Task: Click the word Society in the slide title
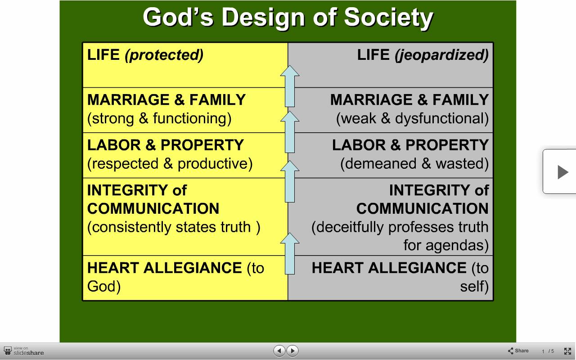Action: (x=388, y=18)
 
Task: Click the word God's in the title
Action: (x=178, y=17)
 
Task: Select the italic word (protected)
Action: (x=164, y=55)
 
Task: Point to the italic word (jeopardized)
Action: (x=442, y=55)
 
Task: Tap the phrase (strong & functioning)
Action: (x=159, y=119)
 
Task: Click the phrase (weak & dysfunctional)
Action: (x=413, y=119)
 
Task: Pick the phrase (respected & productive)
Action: (x=170, y=164)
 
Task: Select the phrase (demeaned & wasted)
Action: (x=414, y=164)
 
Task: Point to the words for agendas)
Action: (x=446, y=245)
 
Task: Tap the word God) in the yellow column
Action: (x=104, y=287)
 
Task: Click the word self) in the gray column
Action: (x=474, y=287)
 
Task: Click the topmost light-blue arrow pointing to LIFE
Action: (x=290, y=86)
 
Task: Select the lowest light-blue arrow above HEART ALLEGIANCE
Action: (x=290, y=253)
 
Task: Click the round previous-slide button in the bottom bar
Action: (x=279, y=351)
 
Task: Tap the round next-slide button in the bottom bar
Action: (x=292, y=351)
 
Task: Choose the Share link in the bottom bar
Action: (x=518, y=351)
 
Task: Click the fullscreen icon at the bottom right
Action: (x=567, y=351)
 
